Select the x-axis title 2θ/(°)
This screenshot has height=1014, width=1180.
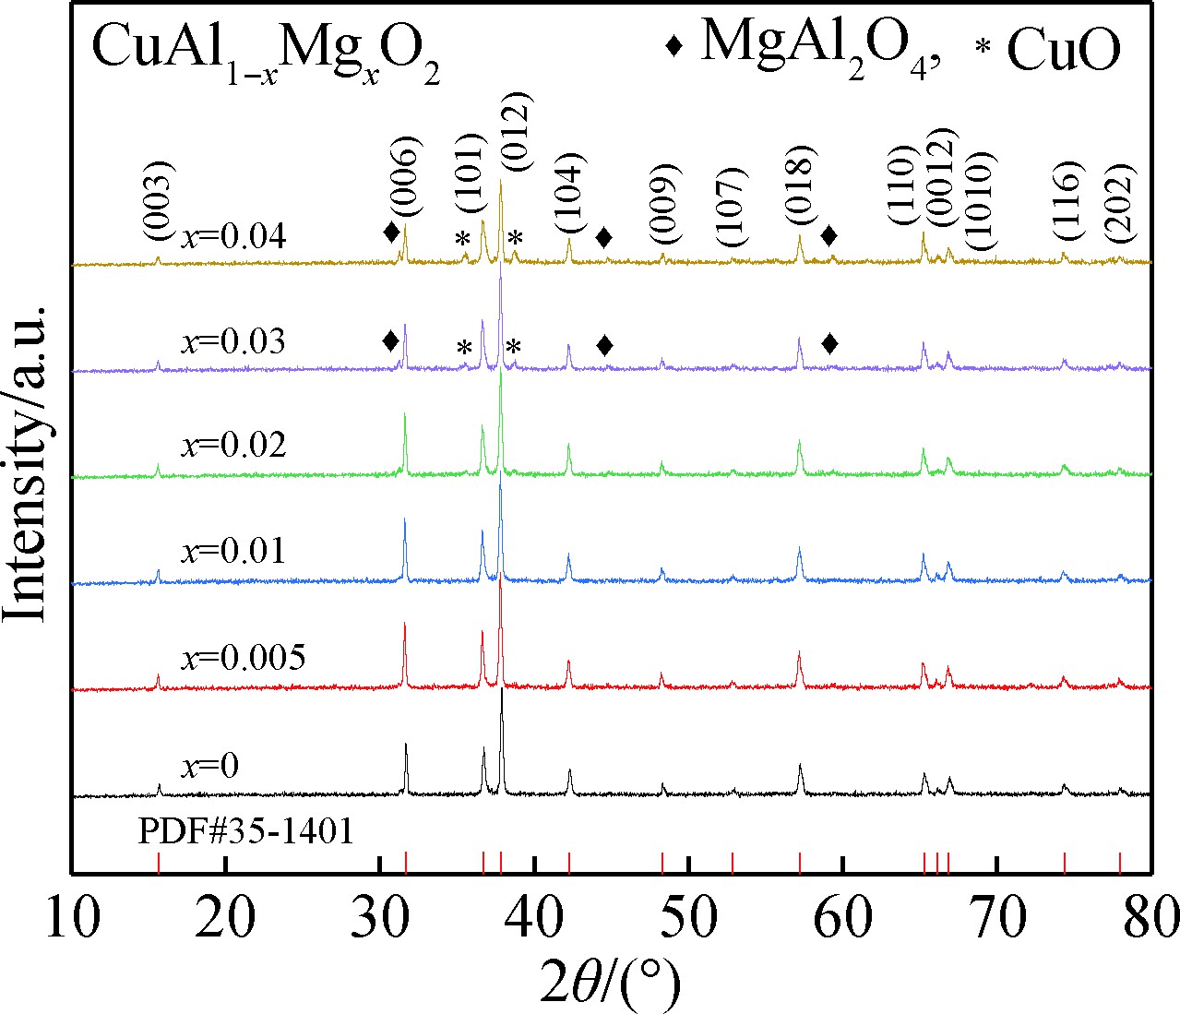pyautogui.click(x=611, y=980)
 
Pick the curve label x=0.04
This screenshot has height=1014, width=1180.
pyautogui.click(x=233, y=238)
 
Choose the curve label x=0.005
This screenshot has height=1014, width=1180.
pyautogui.click(x=243, y=658)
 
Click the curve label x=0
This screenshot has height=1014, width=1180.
pyautogui.click(x=209, y=766)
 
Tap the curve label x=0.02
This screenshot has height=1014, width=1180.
pyautogui.click(x=233, y=446)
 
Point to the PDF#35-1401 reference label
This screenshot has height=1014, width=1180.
pyautogui.click(x=245, y=831)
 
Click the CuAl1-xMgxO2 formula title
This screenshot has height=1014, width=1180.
pyautogui.click(x=265, y=55)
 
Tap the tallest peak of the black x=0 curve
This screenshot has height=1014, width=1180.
pyautogui.click(x=501, y=690)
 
